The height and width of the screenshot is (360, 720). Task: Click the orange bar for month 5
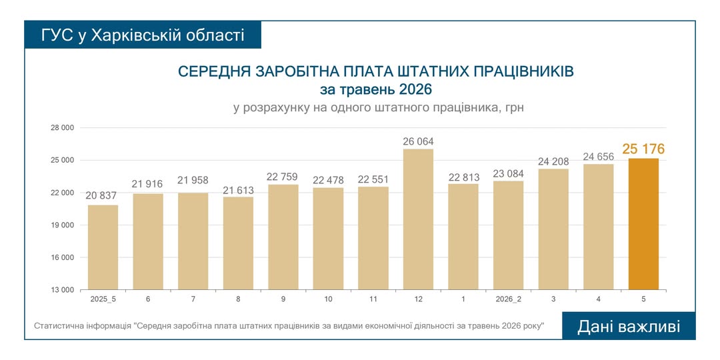[643, 224]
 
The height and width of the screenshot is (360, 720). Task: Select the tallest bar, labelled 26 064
[418, 219]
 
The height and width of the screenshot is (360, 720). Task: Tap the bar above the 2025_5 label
[103, 247]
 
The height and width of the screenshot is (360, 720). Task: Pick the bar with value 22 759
[283, 237]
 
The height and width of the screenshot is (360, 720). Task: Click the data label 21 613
[238, 190]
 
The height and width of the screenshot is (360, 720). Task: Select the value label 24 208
[553, 161]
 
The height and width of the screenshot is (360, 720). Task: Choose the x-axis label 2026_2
[508, 299]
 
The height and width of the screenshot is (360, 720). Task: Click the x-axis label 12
[418, 299]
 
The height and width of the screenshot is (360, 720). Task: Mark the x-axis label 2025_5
[103, 299]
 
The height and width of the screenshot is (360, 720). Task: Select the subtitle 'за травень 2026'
[376, 89]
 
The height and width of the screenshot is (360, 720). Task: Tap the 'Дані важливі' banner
[629, 326]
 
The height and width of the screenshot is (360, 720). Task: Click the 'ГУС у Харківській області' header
[143, 35]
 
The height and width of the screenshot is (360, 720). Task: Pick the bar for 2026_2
[508, 235]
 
